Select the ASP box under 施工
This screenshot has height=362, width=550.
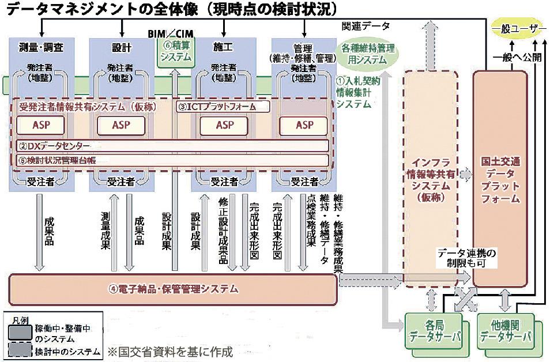(x=224, y=125)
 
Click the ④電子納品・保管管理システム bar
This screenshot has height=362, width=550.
(x=173, y=289)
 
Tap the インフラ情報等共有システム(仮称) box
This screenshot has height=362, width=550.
(x=430, y=173)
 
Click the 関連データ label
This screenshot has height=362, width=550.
(x=366, y=26)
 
